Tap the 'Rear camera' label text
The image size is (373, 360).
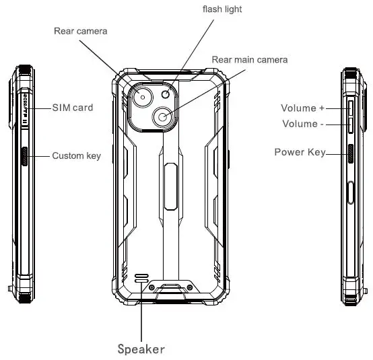click(x=80, y=30)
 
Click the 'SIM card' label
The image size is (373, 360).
click(x=72, y=108)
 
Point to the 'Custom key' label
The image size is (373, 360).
click(x=76, y=156)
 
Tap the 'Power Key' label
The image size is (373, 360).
click(x=299, y=152)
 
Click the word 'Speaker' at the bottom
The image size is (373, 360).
click(x=141, y=349)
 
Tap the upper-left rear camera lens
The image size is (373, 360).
click(x=145, y=99)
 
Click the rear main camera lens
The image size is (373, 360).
click(x=164, y=118)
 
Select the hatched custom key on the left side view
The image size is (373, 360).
click(x=24, y=156)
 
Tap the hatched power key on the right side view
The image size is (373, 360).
click(x=349, y=154)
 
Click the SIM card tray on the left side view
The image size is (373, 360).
click(x=24, y=108)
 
